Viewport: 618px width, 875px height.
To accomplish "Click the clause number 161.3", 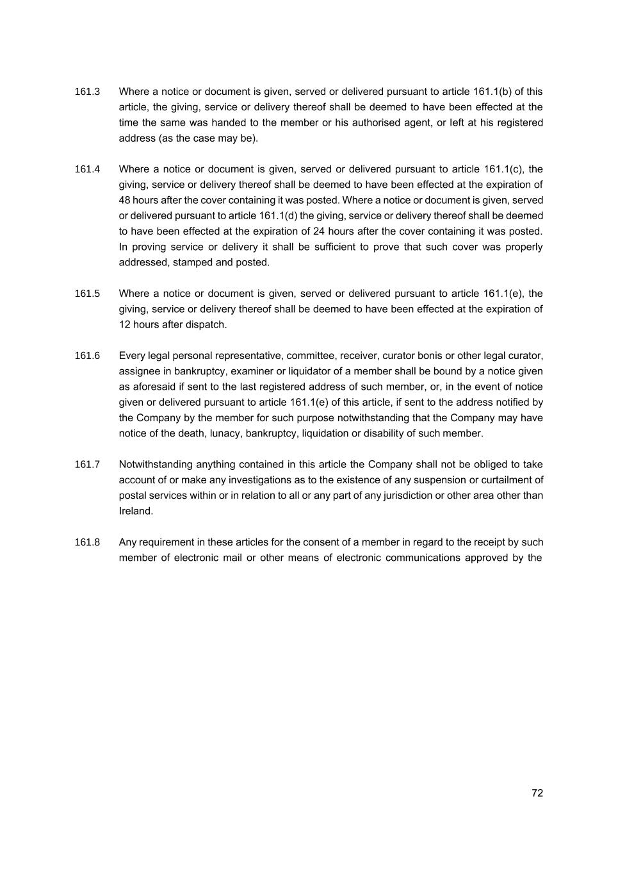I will [x=87, y=92].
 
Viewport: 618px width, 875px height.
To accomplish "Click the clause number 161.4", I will [x=87, y=169].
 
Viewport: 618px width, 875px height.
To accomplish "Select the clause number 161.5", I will [x=87, y=294].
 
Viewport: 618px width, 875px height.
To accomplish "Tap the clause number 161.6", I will [x=87, y=356].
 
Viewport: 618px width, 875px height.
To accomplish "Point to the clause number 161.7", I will [x=87, y=465].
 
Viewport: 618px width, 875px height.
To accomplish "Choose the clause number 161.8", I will [x=87, y=542].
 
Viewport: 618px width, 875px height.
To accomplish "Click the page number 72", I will [x=537, y=793].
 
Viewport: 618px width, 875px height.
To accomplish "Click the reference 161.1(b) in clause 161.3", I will [x=492, y=92].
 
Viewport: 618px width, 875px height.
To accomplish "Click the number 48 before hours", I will [x=125, y=200].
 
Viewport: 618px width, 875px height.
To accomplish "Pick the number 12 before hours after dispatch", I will [x=125, y=325].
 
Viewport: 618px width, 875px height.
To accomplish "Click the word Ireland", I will [x=136, y=512].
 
